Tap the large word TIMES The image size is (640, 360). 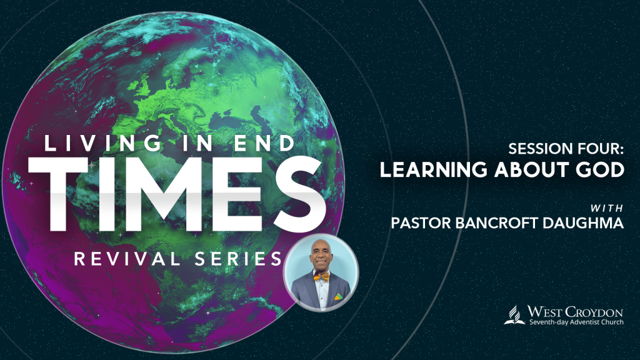(177, 194)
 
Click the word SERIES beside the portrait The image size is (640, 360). (238, 259)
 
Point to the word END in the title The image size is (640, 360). (264, 143)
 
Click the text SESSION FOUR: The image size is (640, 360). (566, 149)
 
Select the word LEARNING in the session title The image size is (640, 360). (434, 170)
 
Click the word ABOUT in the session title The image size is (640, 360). (531, 170)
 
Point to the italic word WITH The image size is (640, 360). (607, 209)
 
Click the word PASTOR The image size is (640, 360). (421, 223)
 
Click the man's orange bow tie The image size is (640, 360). (321, 277)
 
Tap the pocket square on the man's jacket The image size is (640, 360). (339, 297)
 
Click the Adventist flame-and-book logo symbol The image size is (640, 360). (514, 315)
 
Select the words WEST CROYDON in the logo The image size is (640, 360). (575, 312)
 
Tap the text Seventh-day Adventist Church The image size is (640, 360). (576, 322)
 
